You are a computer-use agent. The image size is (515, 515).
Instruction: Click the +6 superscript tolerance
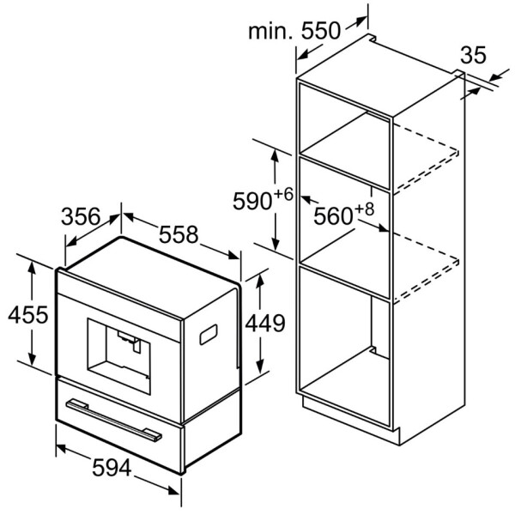pos(284,193)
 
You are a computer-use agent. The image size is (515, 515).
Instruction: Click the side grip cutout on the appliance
pos(209,335)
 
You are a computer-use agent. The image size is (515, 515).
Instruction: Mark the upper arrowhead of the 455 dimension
pos(33,268)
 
